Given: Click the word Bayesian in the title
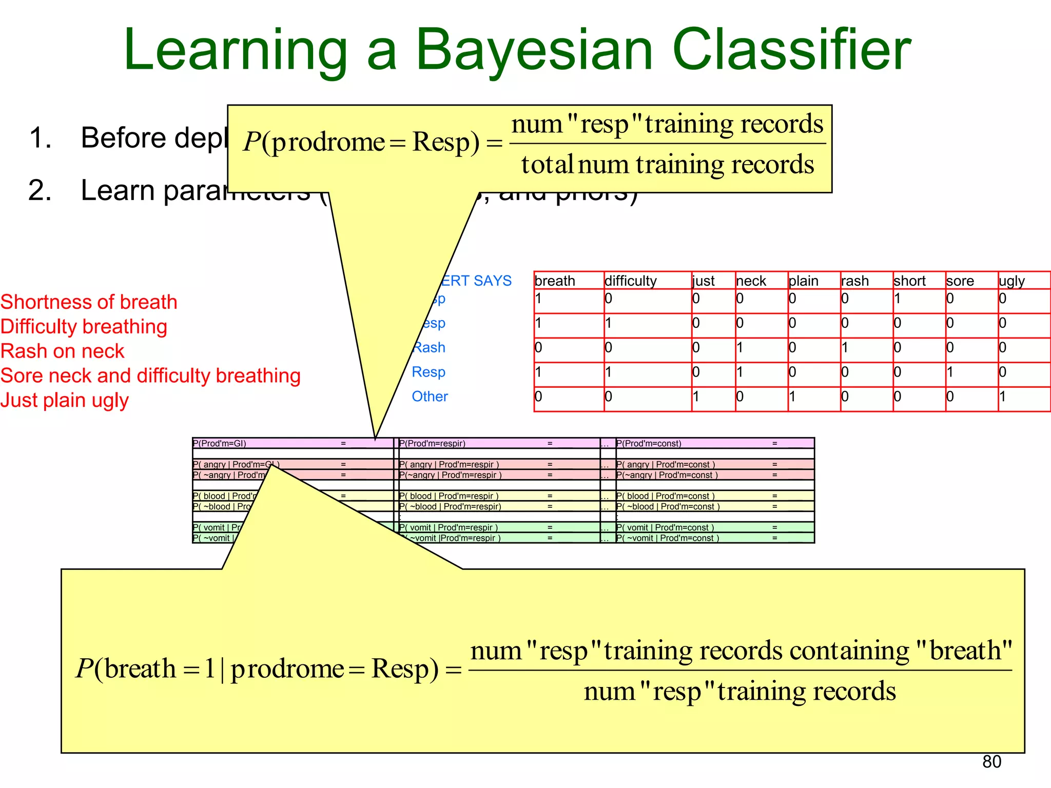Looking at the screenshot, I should [x=534, y=50].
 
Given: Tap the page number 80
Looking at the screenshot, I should [x=991, y=761].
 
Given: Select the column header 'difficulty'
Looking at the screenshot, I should [x=630, y=281].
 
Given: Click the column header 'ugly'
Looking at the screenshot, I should [x=1011, y=281].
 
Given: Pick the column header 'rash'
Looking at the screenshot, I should [x=854, y=281].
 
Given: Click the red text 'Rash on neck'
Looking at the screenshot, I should [x=62, y=351].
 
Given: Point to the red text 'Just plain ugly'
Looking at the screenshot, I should [x=64, y=400].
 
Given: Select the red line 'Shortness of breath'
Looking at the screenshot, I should [x=89, y=302].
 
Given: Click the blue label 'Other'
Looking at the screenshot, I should [x=430, y=396].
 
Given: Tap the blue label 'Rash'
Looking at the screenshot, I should [x=429, y=347].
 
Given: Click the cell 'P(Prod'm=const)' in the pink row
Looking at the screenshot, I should [x=649, y=443].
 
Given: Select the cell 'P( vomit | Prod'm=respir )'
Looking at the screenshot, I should [x=449, y=527].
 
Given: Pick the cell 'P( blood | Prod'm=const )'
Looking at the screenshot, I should [x=665, y=496].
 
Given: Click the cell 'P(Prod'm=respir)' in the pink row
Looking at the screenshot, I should [x=432, y=443].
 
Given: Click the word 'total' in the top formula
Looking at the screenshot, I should [x=547, y=165].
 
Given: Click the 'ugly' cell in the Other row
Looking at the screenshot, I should [x=1003, y=397].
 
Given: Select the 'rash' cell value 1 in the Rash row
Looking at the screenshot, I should [x=845, y=348].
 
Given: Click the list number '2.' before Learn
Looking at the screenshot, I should [x=40, y=190].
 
